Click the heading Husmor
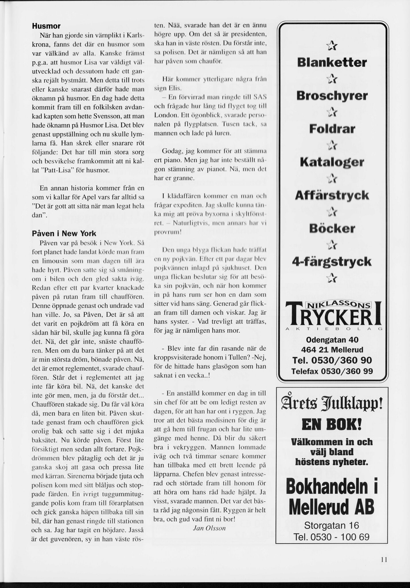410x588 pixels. (x=46, y=26)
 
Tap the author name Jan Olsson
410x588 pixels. (x=209, y=528)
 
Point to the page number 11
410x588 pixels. (x=384, y=560)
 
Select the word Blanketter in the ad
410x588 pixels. (x=332, y=63)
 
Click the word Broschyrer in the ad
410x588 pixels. (x=332, y=96)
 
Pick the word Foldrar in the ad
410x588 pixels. (x=332, y=129)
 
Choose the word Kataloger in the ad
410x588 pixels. (x=332, y=162)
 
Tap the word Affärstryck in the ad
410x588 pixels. (x=332, y=196)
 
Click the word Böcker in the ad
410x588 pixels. (x=332, y=229)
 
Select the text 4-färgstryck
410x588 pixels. (x=332, y=262)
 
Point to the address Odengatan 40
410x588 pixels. (x=332, y=340)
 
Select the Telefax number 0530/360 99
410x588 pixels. (x=332, y=371)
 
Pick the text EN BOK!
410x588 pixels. (x=332, y=424)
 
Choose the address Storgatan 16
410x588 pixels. (x=332, y=525)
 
